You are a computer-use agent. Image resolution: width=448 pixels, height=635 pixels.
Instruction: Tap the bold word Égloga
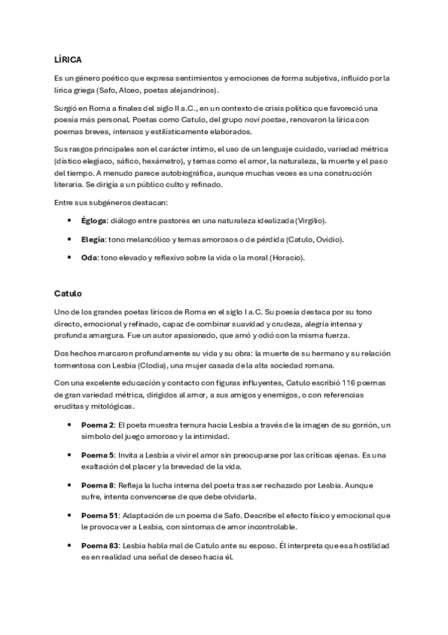[93, 221]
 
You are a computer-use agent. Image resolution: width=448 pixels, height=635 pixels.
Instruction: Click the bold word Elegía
[93, 240]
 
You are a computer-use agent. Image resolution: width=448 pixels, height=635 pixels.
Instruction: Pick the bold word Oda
[89, 258]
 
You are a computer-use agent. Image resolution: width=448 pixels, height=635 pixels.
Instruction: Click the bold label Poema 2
[96, 425]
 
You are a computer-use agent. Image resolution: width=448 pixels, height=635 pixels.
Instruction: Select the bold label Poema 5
[96, 455]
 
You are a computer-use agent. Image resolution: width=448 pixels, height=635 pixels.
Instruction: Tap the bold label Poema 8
[96, 485]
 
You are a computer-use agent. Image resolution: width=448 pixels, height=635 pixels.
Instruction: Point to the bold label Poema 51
[99, 515]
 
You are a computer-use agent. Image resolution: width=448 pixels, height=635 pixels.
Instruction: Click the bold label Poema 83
[99, 545]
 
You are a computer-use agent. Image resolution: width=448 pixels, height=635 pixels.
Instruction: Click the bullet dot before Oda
[70, 258]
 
